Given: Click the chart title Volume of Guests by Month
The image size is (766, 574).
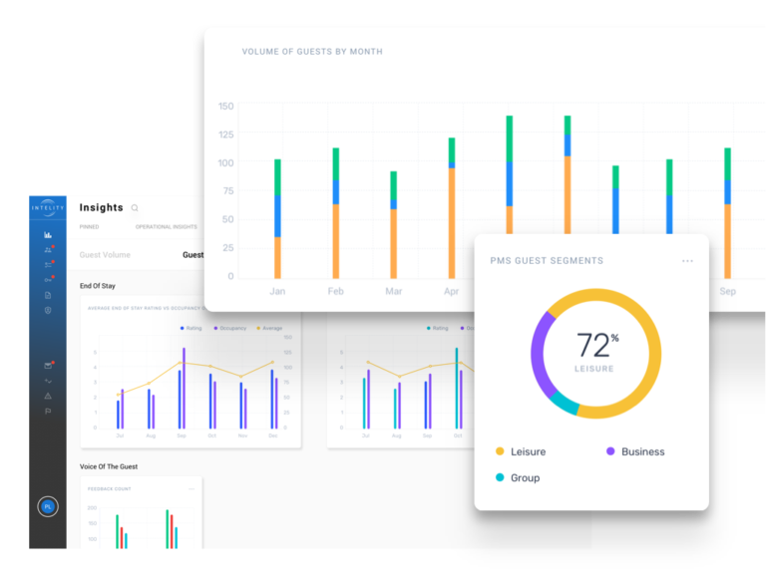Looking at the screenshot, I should click(x=311, y=52).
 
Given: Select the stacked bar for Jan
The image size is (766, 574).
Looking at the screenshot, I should click(x=277, y=219).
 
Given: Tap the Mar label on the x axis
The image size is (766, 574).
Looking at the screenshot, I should click(x=393, y=291).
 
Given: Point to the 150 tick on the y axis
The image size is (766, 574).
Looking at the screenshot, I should click(x=225, y=107).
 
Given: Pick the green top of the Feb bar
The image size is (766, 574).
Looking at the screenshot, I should click(x=335, y=163).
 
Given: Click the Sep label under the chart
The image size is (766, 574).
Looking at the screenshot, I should click(x=727, y=291).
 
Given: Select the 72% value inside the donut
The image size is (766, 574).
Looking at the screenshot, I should click(x=595, y=345).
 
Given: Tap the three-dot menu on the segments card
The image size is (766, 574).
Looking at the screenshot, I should click(x=687, y=261).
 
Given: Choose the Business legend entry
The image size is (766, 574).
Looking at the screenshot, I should click(x=641, y=451).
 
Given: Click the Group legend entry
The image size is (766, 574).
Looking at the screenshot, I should click(x=524, y=478).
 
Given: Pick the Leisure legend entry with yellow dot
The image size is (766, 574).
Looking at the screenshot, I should click(x=527, y=451).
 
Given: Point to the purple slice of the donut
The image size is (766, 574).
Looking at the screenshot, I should click(x=538, y=349).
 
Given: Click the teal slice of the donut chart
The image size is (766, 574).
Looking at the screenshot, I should click(x=564, y=404).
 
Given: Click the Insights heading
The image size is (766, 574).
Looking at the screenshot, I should click(x=101, y=207).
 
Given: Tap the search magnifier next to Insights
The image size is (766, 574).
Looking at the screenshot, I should click(x=135, y=208).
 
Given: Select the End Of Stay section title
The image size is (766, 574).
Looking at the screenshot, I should click(x=97, y=286).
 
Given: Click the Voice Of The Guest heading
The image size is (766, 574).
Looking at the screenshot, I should click(x=109, y=466).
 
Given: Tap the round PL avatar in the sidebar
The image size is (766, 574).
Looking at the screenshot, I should click(x=47, y=506).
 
